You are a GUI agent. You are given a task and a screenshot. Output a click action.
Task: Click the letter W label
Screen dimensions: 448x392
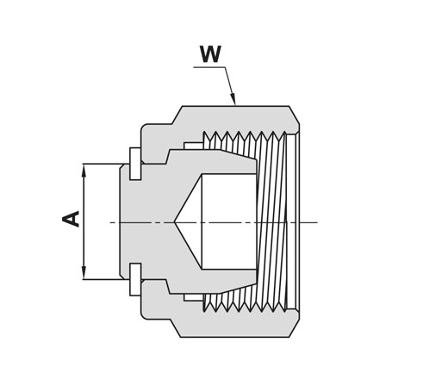[211, 54]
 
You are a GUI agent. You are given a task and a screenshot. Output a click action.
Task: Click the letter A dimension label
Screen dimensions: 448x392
[71, 219]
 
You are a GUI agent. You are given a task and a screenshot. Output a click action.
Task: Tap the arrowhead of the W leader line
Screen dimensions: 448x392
[233, 98]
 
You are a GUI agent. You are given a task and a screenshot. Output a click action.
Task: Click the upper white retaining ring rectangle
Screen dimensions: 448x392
[135, 164]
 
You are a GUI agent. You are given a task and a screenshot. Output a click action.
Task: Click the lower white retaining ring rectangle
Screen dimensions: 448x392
[135, 279]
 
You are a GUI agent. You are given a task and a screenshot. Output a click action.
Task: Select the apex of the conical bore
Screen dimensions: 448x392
[174, 222]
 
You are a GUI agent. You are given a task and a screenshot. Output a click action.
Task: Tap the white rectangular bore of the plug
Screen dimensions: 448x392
[229, 221]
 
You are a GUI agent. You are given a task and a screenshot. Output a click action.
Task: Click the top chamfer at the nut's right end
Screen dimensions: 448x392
[295, 115]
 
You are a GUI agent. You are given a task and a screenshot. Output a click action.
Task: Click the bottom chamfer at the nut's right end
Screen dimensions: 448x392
[295, 328]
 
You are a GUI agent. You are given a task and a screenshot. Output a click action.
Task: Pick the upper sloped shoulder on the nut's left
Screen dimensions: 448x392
[177, 115]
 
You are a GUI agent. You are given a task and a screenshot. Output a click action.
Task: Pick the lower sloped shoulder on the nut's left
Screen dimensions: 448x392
[177, 328]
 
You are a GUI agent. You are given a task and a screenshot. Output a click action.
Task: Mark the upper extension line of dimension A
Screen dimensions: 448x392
[103, 164]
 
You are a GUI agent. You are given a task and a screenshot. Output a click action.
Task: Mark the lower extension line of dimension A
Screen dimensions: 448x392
[103, 279]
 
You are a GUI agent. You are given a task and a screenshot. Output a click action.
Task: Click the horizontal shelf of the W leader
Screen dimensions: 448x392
[209, 67]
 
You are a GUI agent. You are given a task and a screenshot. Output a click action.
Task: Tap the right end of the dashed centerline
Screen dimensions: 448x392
[317, 222]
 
